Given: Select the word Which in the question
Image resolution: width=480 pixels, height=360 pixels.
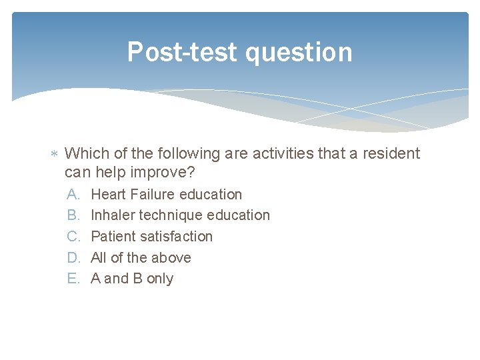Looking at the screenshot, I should click(87, 154).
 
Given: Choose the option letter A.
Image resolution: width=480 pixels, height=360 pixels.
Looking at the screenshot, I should click(73, 195).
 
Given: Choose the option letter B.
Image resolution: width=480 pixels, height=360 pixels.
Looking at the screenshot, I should click(73, 215).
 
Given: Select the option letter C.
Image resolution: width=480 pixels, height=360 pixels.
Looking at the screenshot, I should click(73, 237).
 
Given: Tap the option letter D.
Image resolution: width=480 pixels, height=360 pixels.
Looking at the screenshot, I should click(73, 258).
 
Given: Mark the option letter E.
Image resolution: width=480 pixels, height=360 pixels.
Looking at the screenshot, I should click(73, 279).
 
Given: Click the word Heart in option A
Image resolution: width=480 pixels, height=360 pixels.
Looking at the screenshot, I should click(109, 195).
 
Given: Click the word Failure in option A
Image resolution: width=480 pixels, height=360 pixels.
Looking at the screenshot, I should click(155, 195).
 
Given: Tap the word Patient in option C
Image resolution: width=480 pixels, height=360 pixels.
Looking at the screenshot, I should click(112, 237).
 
